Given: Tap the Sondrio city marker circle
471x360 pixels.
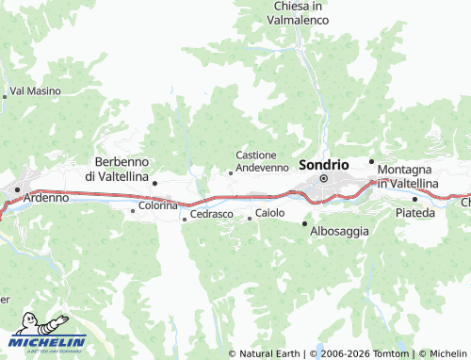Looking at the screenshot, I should (323, 178).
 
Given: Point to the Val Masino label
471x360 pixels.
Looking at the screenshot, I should (35, 91).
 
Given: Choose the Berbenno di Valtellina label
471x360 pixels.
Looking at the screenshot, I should (117, 169).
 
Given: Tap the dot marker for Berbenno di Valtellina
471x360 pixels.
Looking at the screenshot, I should (154, 183).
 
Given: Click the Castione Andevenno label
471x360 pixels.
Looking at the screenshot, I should (263, 161).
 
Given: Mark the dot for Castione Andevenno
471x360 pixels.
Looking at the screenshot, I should (231, 172).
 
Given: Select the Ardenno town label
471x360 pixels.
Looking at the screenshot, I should (46, 199).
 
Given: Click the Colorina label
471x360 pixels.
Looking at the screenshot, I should (158, 205).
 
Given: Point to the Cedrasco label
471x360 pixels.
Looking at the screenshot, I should (211, 215).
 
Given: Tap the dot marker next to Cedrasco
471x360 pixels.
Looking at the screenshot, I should (185, 220).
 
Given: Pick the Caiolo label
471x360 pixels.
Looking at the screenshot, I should (269, 213).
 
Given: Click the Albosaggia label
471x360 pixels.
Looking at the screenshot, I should (339, 231).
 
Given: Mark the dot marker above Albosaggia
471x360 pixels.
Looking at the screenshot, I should (304, 223).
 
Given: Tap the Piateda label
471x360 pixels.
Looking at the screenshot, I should (415, 212).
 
